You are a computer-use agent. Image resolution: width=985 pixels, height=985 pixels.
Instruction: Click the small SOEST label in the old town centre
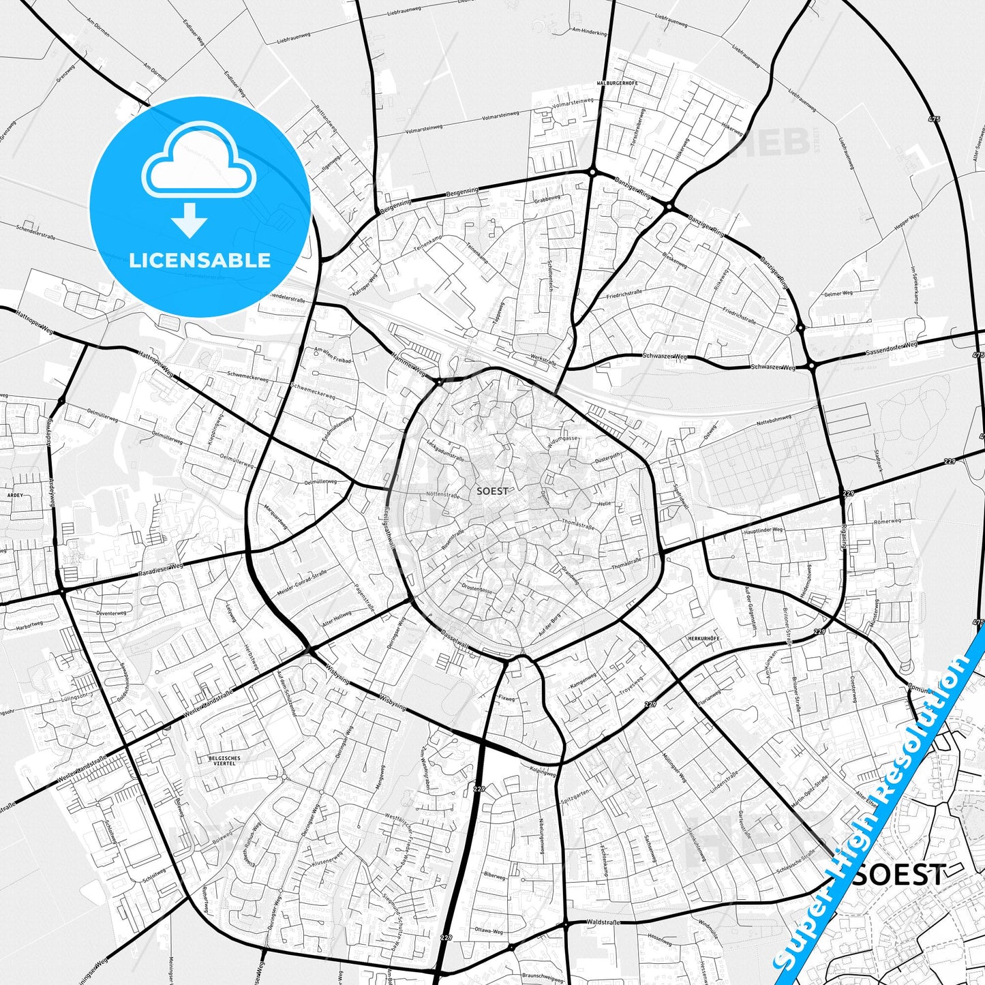492,491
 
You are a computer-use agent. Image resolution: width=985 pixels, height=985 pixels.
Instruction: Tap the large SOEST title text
900,875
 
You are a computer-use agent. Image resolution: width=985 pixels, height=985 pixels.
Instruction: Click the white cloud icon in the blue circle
199,160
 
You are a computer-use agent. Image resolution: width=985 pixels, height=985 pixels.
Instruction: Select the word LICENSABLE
200,260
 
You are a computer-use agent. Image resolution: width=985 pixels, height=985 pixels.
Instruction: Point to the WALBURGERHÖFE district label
616,83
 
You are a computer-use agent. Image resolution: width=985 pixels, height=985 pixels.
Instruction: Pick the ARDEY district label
14,496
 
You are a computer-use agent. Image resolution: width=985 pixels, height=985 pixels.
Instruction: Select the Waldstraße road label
603,922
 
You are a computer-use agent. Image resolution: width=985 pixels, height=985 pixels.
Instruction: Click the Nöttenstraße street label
442,495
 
